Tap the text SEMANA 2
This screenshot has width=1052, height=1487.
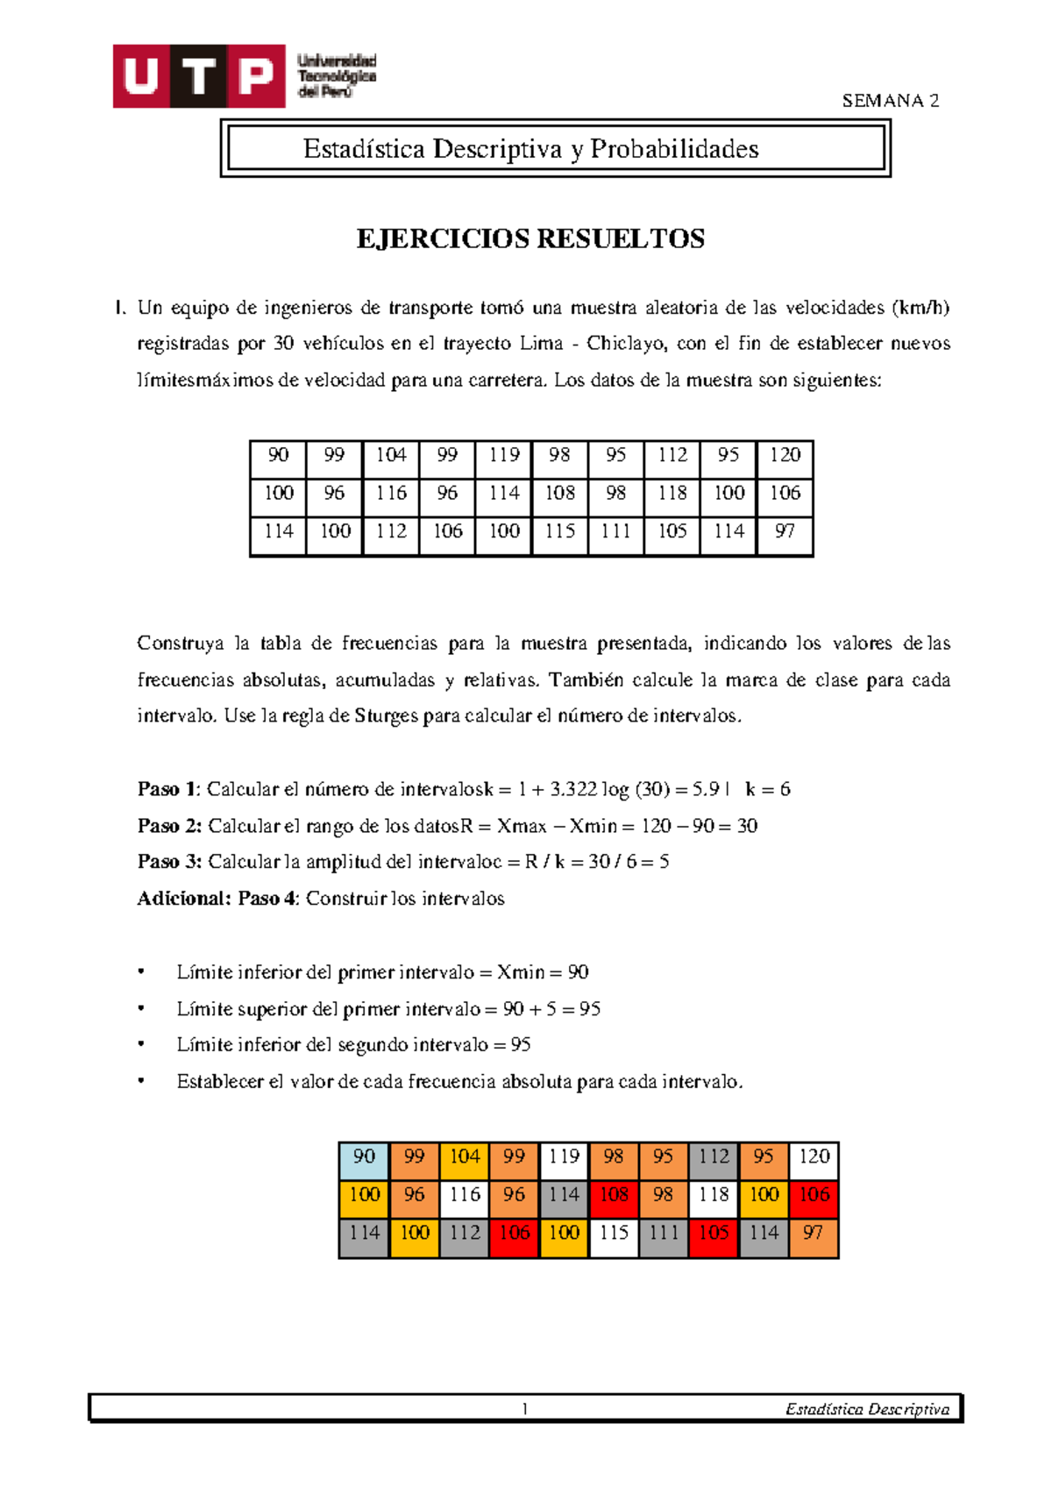click(x=890, y=101)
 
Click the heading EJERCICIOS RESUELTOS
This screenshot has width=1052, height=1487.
click(x=530, y=239)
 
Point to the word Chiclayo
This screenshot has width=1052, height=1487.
click(x=625, y=344)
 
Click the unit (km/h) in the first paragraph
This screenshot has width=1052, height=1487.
click(x=920, y=308)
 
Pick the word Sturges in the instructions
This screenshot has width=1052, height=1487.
click(x=387, y=716)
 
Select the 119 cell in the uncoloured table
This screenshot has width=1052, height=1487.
click(x=504, y=455)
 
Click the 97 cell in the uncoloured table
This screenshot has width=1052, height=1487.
click(x=785, y=531)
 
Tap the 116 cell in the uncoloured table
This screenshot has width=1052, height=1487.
click(x=391, y=494)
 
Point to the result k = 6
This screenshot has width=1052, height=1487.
click(x=768, y=789)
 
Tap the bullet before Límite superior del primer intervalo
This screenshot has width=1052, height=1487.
click(x=141, y=1009)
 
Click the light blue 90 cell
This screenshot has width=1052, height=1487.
click(x=364, y=1157)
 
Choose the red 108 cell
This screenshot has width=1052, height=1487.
click(x=614, y=1195)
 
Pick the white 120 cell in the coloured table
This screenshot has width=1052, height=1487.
click(x=814, y=1157)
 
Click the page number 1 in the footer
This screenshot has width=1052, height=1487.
click(x=524, y=1409)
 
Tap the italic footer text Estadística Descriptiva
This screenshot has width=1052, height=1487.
click(x=867, y=1409)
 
